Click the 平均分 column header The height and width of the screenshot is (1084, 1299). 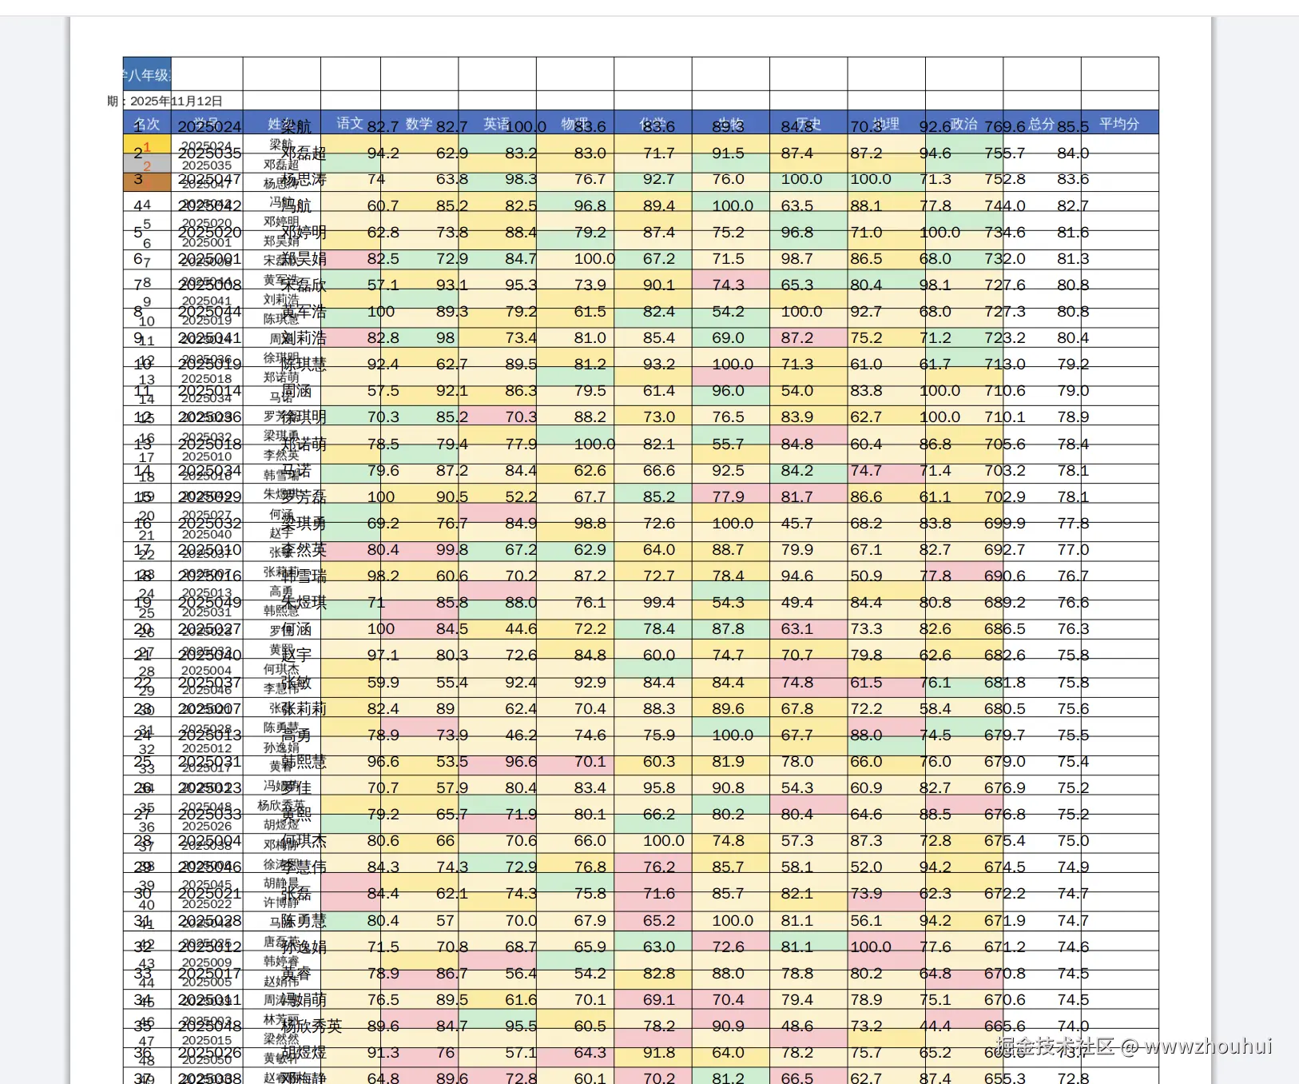pos(1118,124)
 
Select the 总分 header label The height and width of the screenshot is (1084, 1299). pos(1041,124)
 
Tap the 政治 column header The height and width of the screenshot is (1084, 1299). pos(963,124)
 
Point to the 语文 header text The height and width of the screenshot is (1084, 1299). pos(349,123)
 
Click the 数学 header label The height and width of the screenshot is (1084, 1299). pos(419,124)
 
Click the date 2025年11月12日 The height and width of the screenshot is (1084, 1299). pos(176,102)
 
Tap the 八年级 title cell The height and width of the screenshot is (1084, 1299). pos(147,75)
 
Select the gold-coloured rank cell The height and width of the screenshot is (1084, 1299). pos(147,145)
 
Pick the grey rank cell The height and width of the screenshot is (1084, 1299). pos(147,164)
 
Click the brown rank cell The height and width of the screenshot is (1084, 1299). pos(147,182)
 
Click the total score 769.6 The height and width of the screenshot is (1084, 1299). pos(1005,127)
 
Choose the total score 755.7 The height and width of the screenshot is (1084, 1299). pos(1005,153)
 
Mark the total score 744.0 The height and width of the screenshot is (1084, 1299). pos(1005,206)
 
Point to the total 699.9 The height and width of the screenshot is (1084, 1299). pos(1005,524)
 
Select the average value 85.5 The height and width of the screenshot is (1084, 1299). pos(1073,127)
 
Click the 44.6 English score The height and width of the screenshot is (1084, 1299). pos(521,629)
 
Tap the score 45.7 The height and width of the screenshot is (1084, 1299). pos(797,524)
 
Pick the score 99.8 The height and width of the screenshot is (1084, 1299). pos(452,550)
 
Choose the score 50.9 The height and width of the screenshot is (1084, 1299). pos(866,576)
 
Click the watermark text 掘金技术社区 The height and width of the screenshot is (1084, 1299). pos(1055,1046)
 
